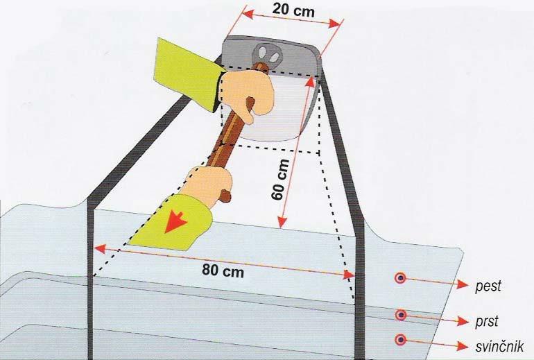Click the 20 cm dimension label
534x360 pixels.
(x=293, y=10)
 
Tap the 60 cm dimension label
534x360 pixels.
(x=281, y=180)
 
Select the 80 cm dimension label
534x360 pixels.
(x=223, y=271)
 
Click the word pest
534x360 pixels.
(x=488, y=285)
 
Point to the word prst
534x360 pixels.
(x=487, y=321)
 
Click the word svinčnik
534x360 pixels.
(x=499, y=346)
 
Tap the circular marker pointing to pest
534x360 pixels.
(x=401, y=279)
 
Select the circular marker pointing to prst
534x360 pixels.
(x=401, y=315)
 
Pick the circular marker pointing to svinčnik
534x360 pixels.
(x=401, y=340)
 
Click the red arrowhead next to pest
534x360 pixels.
(x=462, y=284)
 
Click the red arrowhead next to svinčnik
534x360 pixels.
(x=462, y=346)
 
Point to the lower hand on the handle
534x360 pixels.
(x=209, y=185)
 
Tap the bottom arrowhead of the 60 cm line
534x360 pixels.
(x=282, y=221)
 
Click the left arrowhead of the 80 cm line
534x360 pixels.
(x=100, y=248)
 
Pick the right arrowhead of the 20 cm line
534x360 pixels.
(x=334, y=24)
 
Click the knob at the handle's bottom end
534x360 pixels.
(x=225, y=196)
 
